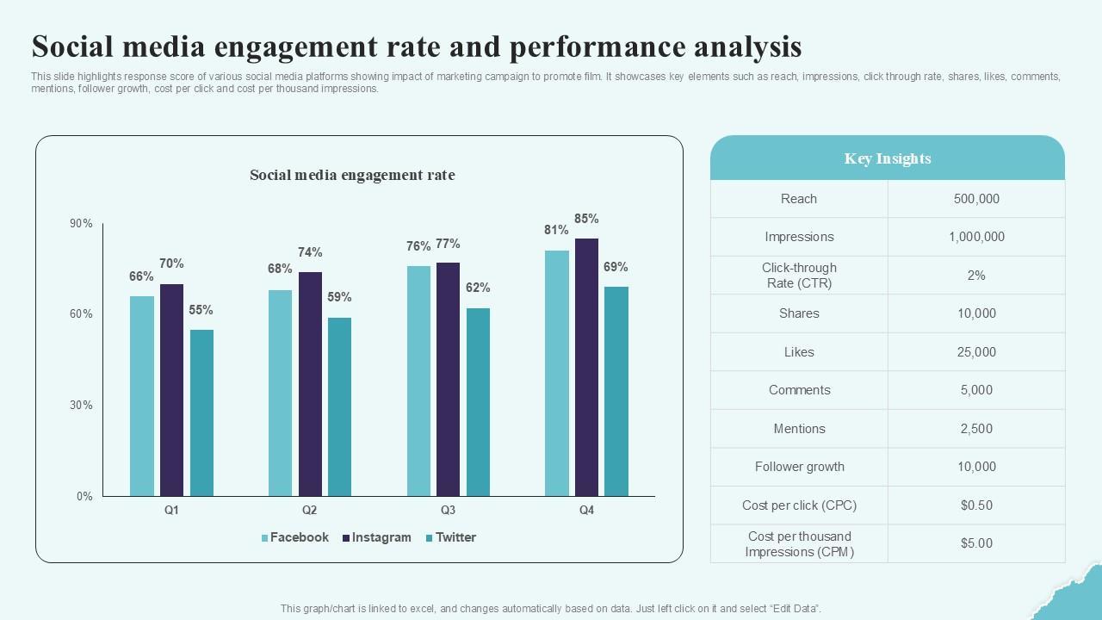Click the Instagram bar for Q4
pyautogui.click(x=586, y=367)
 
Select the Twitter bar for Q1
pyautogui.click(x=201, y=412)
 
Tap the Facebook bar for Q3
pyautogui.click(x=418, y=381)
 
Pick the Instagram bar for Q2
pyautogui.click(x=310, y=384)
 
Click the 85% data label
pyautogui.click(x=586, y=219)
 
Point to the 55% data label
pyautogui.click(x=201, y=310)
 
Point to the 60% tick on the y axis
pyautogui.click(x=81, y=314)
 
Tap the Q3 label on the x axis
pyautogui.click(x=448, y=510)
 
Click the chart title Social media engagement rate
pyautogui.click(x=352, y=175)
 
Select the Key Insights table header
pyautogui.click(x=888, y=158)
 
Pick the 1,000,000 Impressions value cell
pyautogui.click(x=976, y=237)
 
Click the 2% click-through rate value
pyautogui.click(x=976, y=276)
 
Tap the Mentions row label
pyautogui.click(x=799, y=429)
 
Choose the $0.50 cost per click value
pyautogui.click(x=976, y=505)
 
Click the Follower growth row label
pyautogui.click(x=799, y=467)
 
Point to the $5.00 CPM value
pyautogui.click(x=976, y=543)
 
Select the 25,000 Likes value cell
pyautogui.click(x=976, y=352)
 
